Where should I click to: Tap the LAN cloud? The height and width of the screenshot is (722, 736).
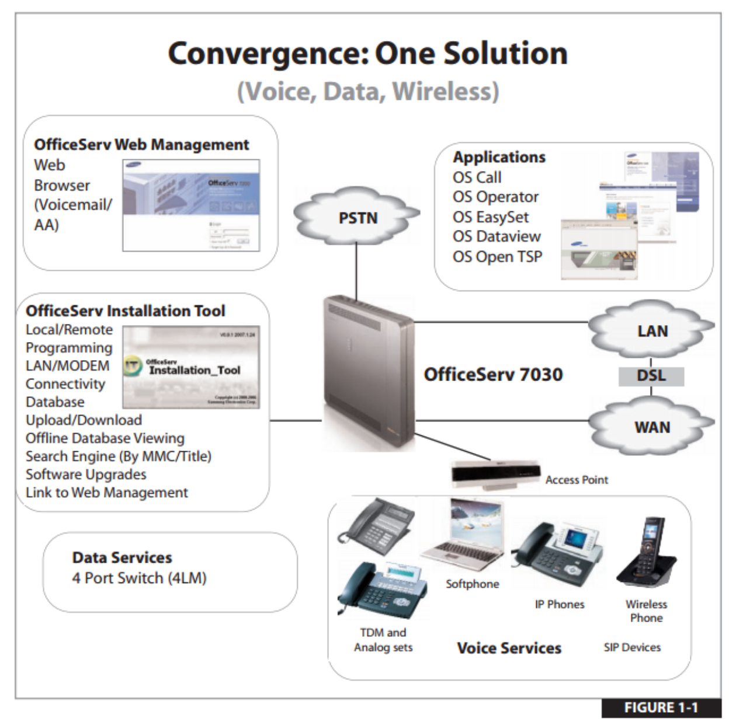click(652, 331)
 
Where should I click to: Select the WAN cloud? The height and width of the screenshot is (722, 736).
click(652, 427)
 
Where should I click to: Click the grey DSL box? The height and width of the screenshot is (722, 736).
click(651, 375)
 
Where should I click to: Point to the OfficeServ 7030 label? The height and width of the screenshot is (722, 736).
click(493, 374)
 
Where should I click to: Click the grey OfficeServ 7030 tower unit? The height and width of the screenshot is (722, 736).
click(368, 374)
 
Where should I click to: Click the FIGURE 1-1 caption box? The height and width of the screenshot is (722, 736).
click(661, 707)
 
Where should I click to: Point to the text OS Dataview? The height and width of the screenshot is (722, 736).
click(497, 236)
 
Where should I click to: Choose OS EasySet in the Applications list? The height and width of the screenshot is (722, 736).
click(491, 217)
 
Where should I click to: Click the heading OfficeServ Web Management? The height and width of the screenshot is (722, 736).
click(141, 145)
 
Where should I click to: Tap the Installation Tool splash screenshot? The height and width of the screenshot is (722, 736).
click(191, 367)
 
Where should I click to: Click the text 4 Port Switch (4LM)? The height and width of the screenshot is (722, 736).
click(139, 578)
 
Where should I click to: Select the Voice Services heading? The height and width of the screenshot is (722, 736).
click(509, 648)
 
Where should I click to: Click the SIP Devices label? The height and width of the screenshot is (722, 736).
click(632, 647)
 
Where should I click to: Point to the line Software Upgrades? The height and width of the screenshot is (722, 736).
click(86, 474)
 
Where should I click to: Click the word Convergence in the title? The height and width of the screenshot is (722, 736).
click(267, 54)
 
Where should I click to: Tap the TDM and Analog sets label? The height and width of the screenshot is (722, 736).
click(383, 640)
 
